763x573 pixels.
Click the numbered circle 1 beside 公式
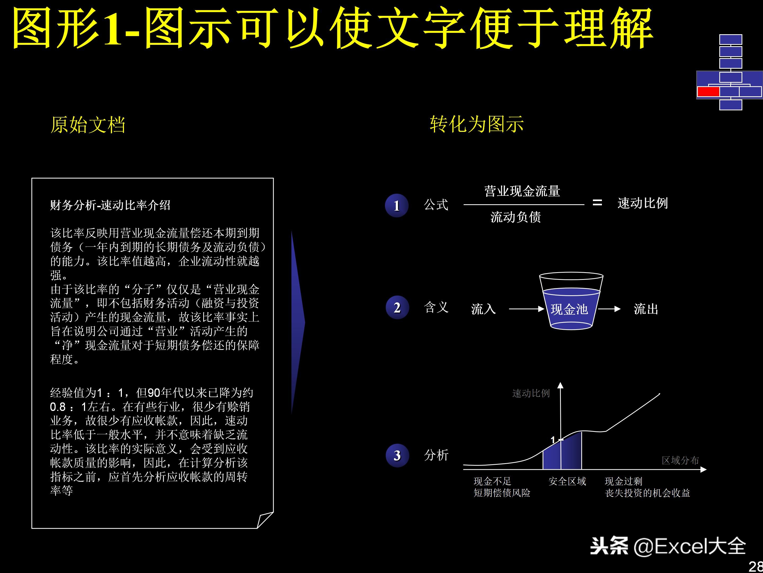[x=397, y=206]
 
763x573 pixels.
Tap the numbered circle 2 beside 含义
[x=397, y=307]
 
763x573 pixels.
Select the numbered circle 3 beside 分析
[x=397, y=455]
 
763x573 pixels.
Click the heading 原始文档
[x=88, y=125]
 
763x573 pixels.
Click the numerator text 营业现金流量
[x=522, y=191]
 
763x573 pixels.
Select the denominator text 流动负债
[x=516, y=217]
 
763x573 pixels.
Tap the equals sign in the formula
[x=597, y=203]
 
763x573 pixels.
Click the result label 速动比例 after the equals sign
[x=643, y=203]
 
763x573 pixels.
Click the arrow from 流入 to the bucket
[x=527, y=309]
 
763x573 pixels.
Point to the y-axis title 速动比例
[x=531, y=393]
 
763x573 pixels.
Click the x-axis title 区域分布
[x=680, y=461]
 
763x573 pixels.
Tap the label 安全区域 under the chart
[x=567, y=481]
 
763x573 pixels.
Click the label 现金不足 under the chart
[x=492, y=481]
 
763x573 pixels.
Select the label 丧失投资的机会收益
[x=647, y=493]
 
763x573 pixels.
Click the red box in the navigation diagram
[x=708, y=92]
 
